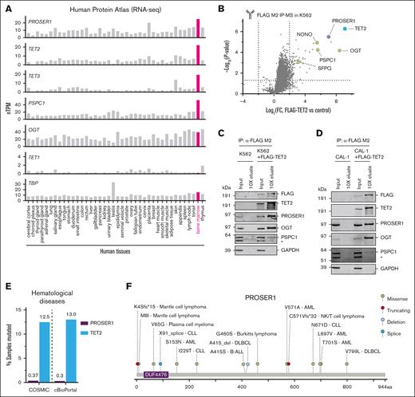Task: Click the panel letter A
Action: click(x=6, y=6)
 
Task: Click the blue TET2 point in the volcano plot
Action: click(x=345, y=29)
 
